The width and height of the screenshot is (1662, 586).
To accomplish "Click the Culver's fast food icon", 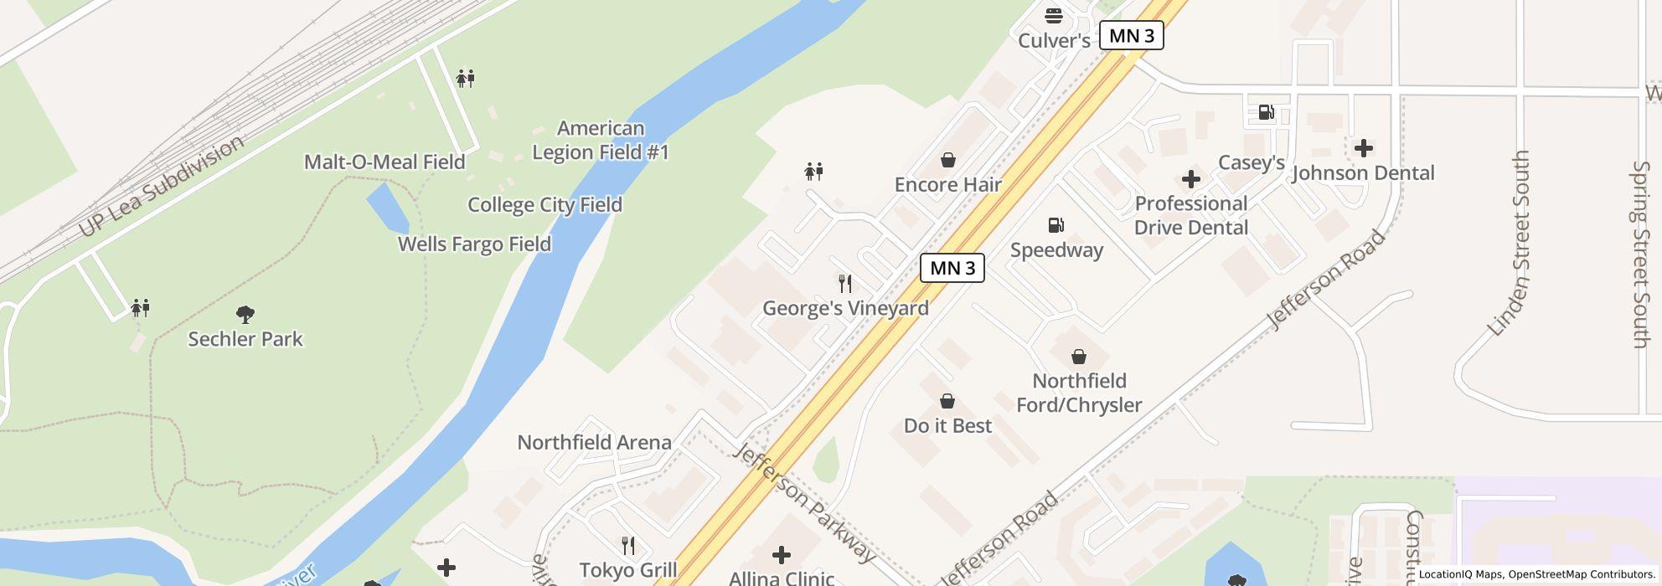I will (1053, 15).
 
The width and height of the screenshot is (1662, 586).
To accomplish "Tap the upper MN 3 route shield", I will (1132, 35).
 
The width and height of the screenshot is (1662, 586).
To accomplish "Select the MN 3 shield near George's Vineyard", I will (952, 268).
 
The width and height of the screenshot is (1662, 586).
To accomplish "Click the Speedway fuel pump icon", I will (1056, 224).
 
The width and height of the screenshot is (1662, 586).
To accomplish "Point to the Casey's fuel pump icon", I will (1266, 112).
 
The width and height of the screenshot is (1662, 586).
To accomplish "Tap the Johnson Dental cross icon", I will (1363, 148).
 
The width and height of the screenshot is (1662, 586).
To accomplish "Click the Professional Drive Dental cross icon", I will (1190, 178).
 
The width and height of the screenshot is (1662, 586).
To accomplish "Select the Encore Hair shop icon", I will (947, 159).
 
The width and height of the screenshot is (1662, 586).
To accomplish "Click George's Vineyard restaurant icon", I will (845, 283).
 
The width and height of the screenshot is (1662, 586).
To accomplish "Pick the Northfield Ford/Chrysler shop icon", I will (1079, 357).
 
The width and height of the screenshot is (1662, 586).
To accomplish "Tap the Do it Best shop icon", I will (947, 401).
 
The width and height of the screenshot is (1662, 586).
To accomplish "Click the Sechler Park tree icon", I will (245, 315).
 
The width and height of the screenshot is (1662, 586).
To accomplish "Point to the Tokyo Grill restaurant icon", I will (628, 546).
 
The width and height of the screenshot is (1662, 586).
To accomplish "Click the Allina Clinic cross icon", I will (781, 554).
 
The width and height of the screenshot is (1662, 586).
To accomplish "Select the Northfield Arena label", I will (594, 442).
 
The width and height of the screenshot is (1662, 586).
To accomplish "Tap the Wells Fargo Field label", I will (474, 244).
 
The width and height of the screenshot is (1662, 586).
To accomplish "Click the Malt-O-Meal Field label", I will (384, 162).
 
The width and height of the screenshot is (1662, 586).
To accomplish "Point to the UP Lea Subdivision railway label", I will (161, 186).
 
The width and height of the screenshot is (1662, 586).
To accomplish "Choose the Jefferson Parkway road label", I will (804, 502).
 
